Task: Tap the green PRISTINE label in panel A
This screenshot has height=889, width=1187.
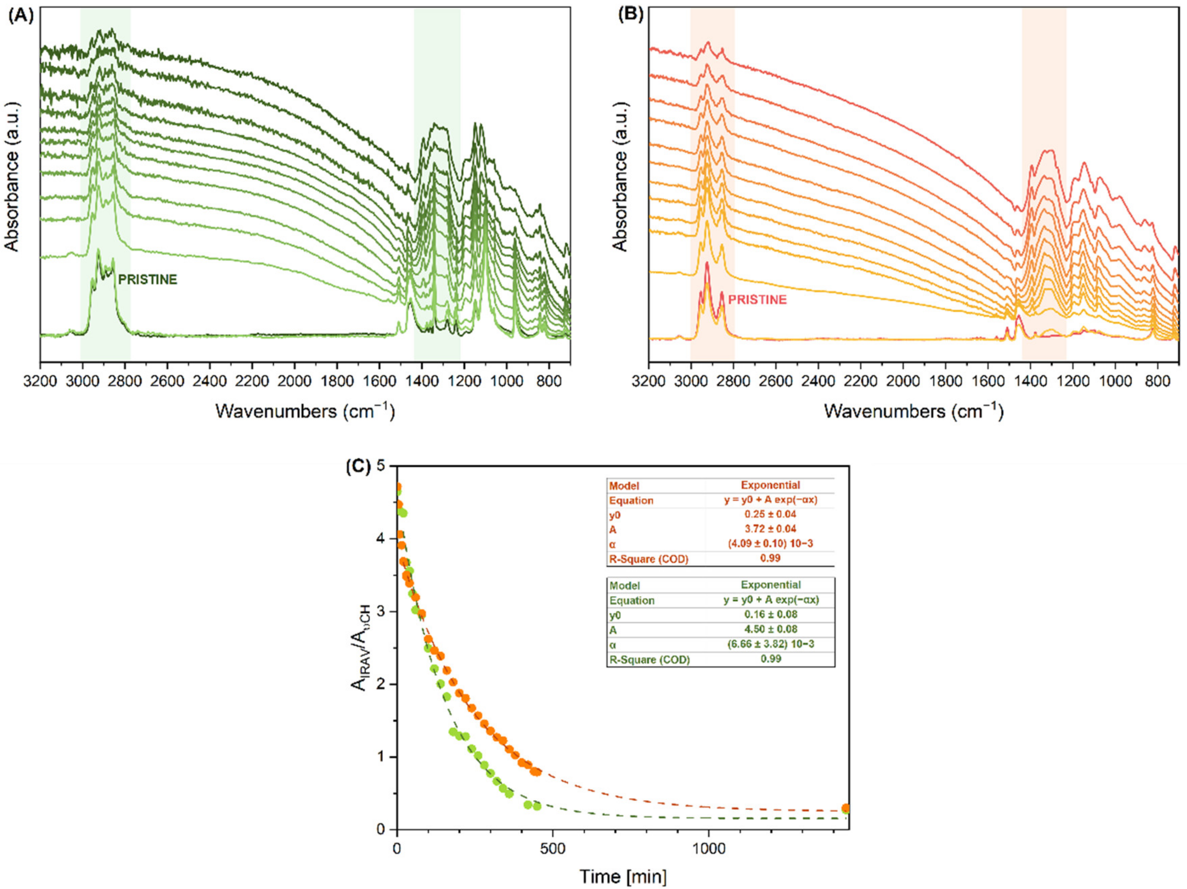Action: [x=148, y=279]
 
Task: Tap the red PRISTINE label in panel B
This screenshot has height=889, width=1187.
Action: [x=757, y=300]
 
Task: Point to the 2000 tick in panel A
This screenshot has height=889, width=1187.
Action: [x=295, y=382]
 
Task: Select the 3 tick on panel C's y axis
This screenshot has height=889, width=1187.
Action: [x=380, y=612]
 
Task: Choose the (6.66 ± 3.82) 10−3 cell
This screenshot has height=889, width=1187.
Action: [x=770, y=644]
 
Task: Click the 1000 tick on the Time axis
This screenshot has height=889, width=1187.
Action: [x=709, y=849]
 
